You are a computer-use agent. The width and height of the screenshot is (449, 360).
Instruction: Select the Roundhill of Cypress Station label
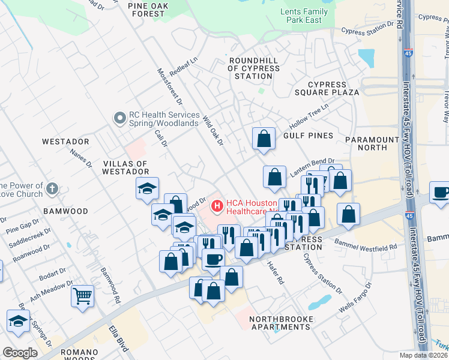pos(253,68)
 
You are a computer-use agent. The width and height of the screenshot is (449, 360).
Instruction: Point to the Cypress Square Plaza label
pos(333,88)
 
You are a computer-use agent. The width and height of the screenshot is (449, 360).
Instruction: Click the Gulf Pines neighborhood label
pos(308,136)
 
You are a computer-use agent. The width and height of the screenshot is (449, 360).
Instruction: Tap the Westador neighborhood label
pos(66,142)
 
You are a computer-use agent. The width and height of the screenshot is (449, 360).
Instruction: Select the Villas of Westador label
pos(125,167)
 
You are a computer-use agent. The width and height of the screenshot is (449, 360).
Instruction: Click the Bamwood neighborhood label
pos(66,211)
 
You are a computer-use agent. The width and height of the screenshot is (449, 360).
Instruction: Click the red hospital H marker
pos(216,206)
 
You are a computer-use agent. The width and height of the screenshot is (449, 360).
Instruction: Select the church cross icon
pos(53,188)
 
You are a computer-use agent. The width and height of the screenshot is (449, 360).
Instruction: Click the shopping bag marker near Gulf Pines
pos(264,139)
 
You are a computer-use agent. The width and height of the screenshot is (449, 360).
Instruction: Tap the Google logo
pos(20,353)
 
